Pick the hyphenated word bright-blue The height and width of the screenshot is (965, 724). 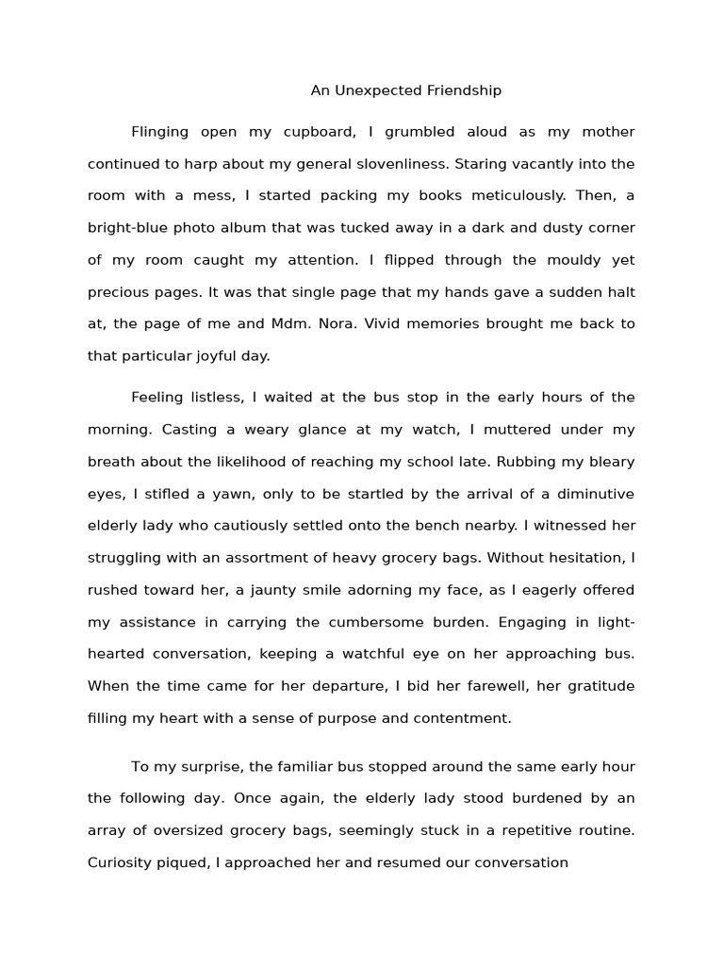point(126,228)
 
